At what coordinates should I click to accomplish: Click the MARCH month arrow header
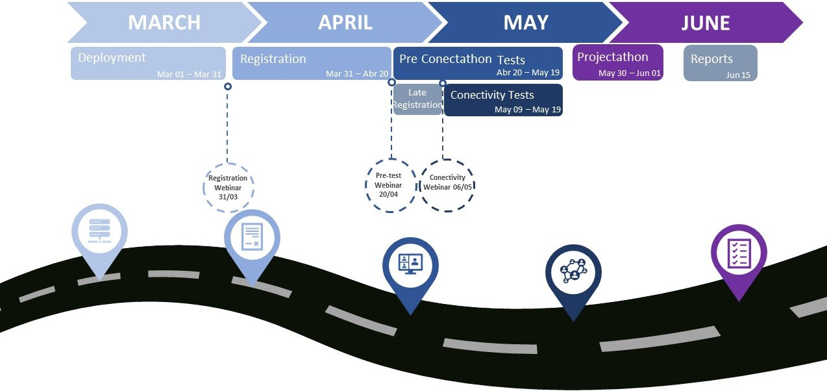coord(164,23)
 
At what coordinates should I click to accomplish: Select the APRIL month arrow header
coord(345,23)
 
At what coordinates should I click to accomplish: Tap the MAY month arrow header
coord(526,23)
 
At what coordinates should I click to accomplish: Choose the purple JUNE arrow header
coord(705,23)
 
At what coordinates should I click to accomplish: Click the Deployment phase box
coord(148,63)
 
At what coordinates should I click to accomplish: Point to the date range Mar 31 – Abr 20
coord(357,74)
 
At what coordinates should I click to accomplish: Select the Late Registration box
coord(417,99)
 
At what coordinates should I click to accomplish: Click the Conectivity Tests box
coord(503,99)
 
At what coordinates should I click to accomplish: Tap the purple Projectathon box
coord(618,62)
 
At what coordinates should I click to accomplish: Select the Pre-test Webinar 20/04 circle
coord(389,186)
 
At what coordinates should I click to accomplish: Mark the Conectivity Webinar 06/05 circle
coord(447,186)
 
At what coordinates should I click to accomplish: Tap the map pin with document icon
coord(253,239)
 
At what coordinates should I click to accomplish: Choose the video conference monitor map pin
coord(410,266)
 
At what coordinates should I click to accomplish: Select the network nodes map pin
coord(573,272)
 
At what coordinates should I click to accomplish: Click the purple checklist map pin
coord(739,253)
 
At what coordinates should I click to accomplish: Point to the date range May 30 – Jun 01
coord(629,73)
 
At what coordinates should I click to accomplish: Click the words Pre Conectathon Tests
coord(462,59)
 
